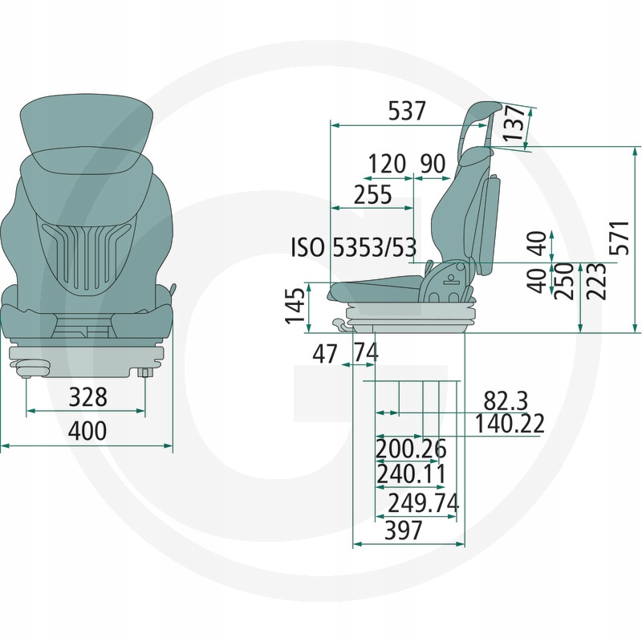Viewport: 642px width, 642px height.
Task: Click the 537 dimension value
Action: [x=407, y=111]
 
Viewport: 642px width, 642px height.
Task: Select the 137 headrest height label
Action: [x=514, y=124]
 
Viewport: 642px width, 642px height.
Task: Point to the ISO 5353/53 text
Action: [x=353, y=247]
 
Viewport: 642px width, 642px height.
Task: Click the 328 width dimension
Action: [x=87, y=396]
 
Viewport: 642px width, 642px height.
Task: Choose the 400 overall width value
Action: [x=87, y=431]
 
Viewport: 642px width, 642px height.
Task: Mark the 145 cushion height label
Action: [x=295, y=306]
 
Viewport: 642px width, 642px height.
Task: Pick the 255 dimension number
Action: [x=372, y=194]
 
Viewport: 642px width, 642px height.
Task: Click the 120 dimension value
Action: [x=387, y=164]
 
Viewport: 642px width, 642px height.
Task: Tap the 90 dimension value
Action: [x=433, y=164]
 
